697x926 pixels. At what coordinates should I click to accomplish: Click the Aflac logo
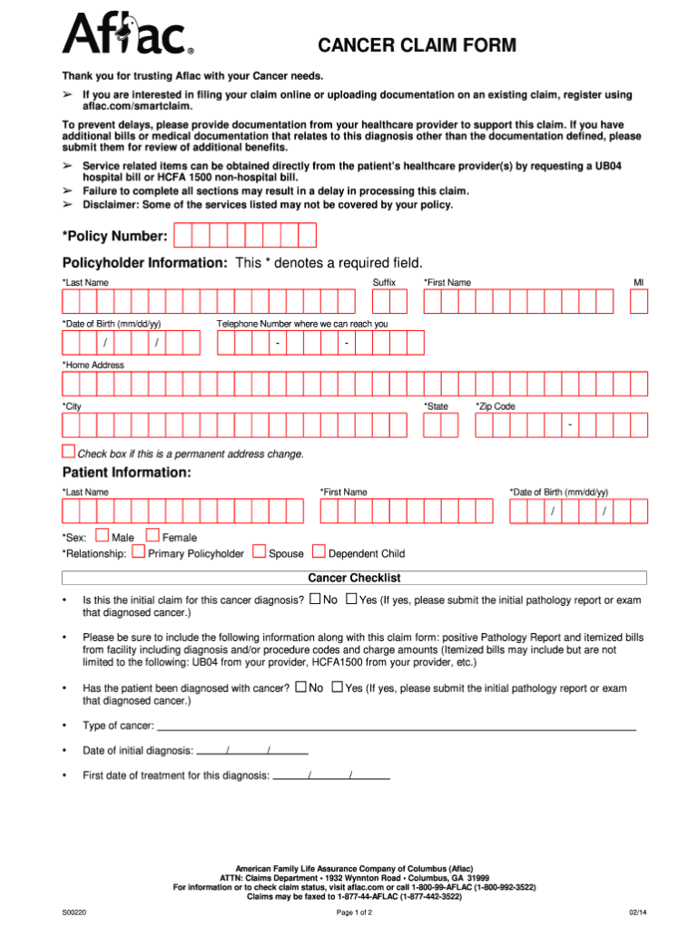click(127, 34)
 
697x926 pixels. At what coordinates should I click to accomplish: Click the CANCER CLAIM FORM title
click(417, 45)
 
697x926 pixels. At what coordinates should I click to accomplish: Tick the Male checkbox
click(102, 536)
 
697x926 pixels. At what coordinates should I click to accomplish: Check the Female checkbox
click(152, 536)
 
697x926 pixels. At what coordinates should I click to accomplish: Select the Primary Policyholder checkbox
click(138, 551)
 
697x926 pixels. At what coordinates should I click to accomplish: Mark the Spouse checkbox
click(260, 551)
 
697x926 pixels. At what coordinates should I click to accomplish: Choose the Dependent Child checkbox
click(319, 551)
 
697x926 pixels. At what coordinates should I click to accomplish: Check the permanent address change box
click(68, 452)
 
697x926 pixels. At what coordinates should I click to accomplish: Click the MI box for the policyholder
click(639, 301)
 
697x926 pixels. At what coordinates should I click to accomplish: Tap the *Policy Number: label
click(114, 237)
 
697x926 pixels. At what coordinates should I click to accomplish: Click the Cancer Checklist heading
click(354, 578)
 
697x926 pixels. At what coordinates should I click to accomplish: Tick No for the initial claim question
click(315, 599)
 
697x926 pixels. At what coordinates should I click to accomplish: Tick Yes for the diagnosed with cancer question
click(338, 687)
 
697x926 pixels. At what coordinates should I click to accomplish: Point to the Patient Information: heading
click(126, 473)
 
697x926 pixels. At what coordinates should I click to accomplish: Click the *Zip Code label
click(496, 406)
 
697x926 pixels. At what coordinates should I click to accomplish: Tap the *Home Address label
click(93, 365)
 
